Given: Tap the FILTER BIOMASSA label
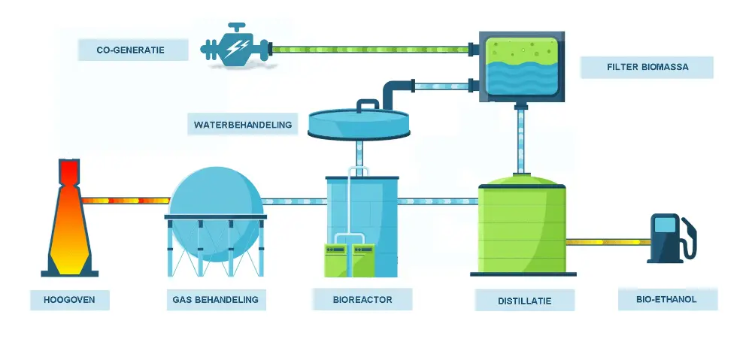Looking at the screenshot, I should pos(647,67).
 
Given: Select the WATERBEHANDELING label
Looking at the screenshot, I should pos(242,124).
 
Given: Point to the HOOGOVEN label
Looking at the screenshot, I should pos(69,300).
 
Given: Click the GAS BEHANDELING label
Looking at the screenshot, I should pos(215,300).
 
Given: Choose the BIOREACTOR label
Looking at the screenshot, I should pos(362,299).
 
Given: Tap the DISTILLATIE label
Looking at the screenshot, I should pos(524,301).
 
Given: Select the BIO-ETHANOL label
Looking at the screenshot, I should pos(667,300).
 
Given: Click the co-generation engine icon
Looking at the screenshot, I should pos(235,50).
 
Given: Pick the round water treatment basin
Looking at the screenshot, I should pos(360,123).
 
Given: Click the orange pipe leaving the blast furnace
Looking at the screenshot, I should pos(126,201).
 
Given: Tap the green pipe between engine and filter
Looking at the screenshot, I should pos(368,50).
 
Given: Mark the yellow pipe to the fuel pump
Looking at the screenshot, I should pos(608,242).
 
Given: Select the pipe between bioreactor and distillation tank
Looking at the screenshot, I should pos(438,201).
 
